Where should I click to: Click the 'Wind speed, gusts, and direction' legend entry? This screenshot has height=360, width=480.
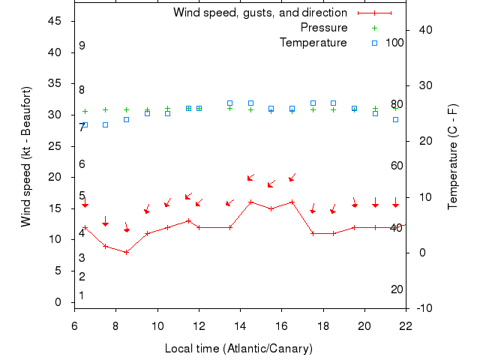pyautogui.click(x=259, y=13)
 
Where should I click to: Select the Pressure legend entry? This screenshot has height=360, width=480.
pyautogui.click(x=323, y=28)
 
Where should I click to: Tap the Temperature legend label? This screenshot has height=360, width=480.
pyautogui.click(x=313, y=43)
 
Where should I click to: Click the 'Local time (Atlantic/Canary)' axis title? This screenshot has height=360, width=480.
pyautogui.click(x=238, y=349)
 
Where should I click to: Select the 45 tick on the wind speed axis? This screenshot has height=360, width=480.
pyautogui.click(x=55, y=21)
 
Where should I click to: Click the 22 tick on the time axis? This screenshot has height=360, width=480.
pyautogui.click(x=406, y=325)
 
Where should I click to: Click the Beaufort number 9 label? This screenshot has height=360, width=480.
pyautogui.click(x=82, y=46)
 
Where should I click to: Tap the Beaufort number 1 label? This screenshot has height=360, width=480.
pyautogui.click(x=82, y=295)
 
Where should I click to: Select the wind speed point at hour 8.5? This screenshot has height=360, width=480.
pyautogui.click(x=127, y=252)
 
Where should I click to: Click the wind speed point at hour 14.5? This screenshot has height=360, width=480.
pyautogui.click(x=250, y=202)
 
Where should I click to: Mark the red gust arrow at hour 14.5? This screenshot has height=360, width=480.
pyautogui.click(x=251, y=178)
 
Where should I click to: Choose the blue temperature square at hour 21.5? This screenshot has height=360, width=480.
pyautogui.click(x=395, y=119)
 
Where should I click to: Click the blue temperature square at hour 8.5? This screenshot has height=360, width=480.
pyautogui.click(x=126, y=119)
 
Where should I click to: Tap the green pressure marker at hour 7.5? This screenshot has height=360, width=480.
pyautogui.click(x=105, y=109)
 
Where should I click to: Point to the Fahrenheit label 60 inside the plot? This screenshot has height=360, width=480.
pyautogui.click(x=397, y=166)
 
